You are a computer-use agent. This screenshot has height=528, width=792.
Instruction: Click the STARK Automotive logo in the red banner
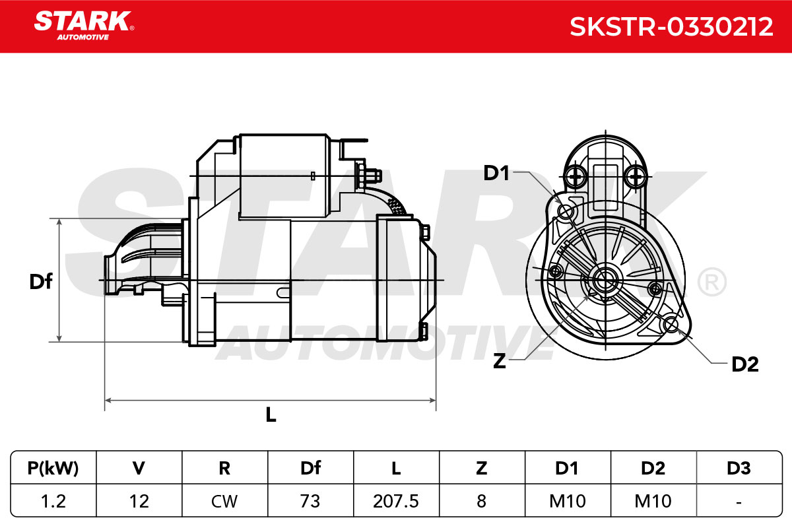coord(84,26)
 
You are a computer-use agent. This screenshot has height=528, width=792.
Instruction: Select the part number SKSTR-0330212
coord(671,27)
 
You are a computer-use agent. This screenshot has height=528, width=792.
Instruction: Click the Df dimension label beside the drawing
coord(41,282)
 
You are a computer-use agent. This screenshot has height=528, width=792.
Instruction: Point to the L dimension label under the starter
coord(271,414)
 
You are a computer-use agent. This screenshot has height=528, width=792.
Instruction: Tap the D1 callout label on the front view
coord(496,174)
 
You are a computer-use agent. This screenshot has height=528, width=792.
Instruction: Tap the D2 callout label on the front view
coord(745,364)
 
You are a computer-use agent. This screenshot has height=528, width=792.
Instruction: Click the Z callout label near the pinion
coord(499,361)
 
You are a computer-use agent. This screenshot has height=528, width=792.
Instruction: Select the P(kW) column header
coord(53,468)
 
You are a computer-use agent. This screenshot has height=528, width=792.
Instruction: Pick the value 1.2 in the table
coord(53,501)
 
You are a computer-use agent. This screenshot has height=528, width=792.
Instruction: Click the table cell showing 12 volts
coord(139,501)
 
